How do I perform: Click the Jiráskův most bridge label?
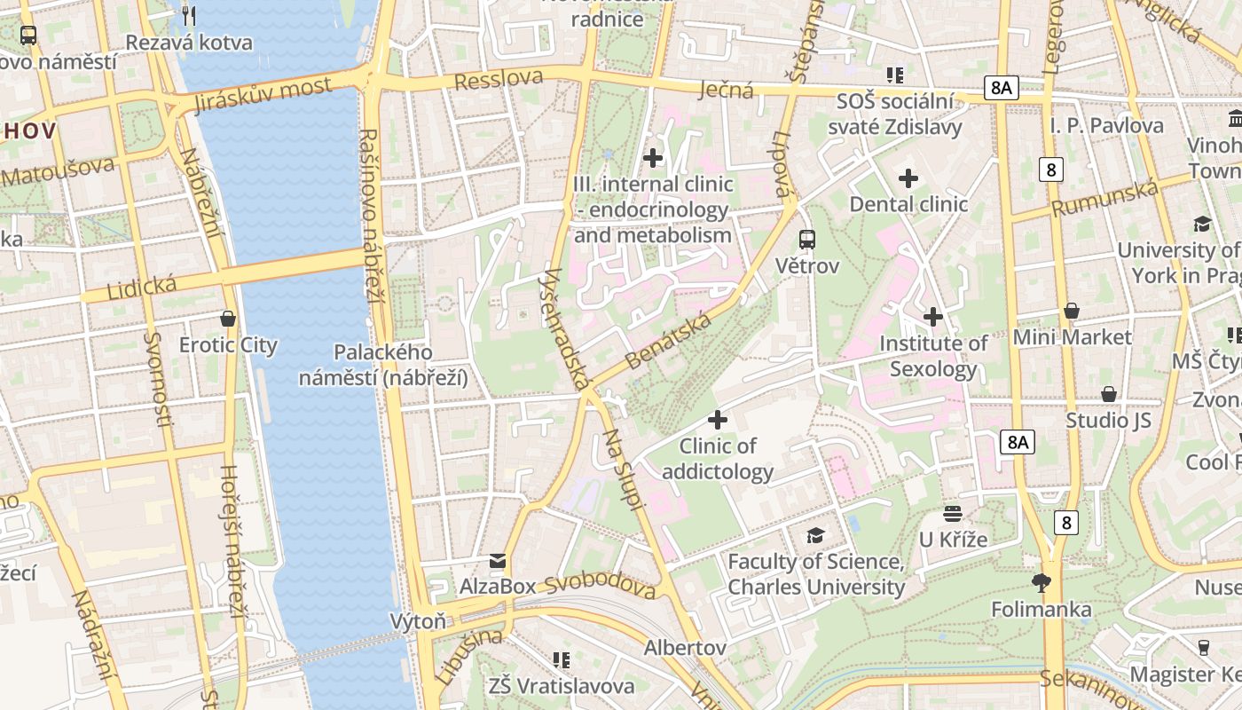click(x=261, y=95)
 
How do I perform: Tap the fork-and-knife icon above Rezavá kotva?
click(x=188, y=15)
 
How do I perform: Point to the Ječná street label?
click(x=726, y=89)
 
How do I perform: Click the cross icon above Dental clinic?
click(x=908, y=178)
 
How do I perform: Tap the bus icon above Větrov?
click(x=806, y=239)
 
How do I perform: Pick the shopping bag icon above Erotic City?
click(x=228, y=319)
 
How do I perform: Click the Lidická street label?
click(x=141, y=288)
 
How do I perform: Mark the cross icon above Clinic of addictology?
click(x=718, y=420)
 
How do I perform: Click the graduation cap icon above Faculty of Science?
click(x=815, y=535)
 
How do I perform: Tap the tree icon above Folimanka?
click(x=1042, y=583)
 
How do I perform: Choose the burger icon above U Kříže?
click(x=953, y=513)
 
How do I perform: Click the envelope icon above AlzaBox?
click(x=498, y=560)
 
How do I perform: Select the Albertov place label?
click(x=685, y=648)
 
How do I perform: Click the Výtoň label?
click(x=418, y=621)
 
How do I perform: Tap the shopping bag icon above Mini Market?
click(x=1072, y=311)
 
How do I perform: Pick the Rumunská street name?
click(x=1105, y=198)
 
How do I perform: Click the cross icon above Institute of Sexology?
click(x=933, y=317)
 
